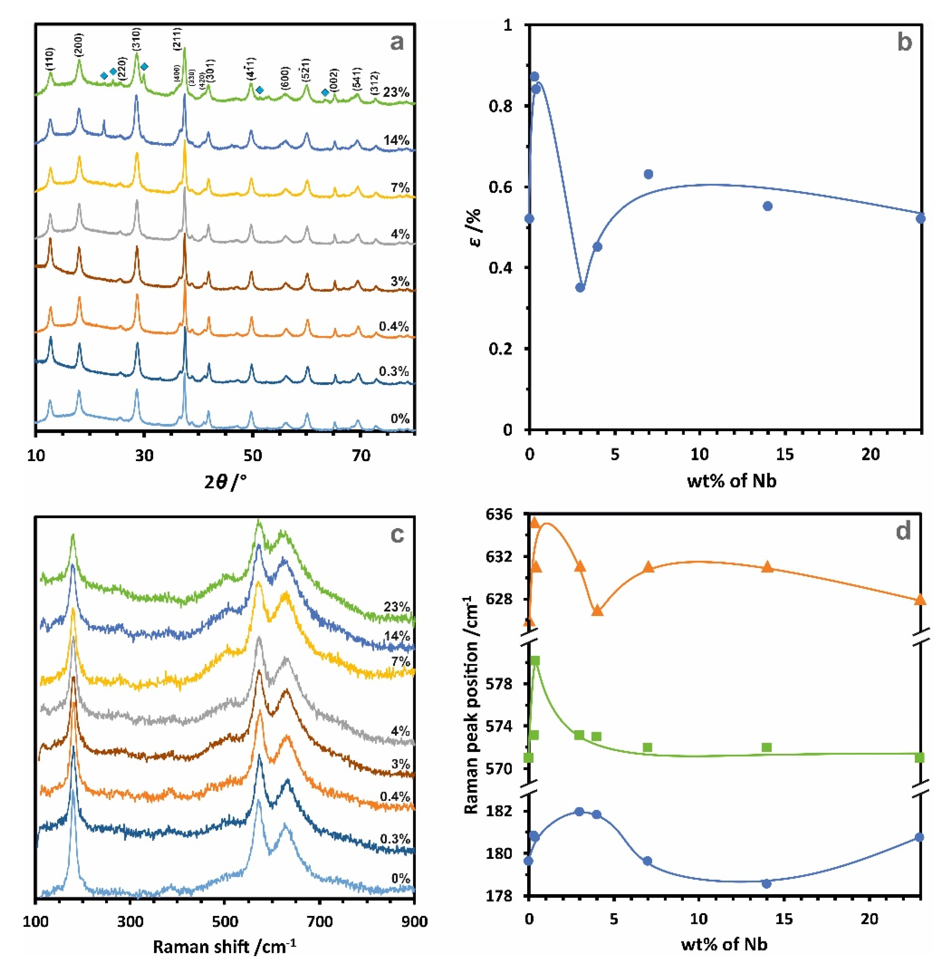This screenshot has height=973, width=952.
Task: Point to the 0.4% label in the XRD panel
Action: (x=394, y=327)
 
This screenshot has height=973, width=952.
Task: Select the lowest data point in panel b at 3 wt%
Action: (x=580, y=287)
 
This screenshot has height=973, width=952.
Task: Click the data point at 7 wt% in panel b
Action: (x=648, y=174)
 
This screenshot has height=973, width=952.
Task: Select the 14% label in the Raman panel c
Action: (x=397, y=636)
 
